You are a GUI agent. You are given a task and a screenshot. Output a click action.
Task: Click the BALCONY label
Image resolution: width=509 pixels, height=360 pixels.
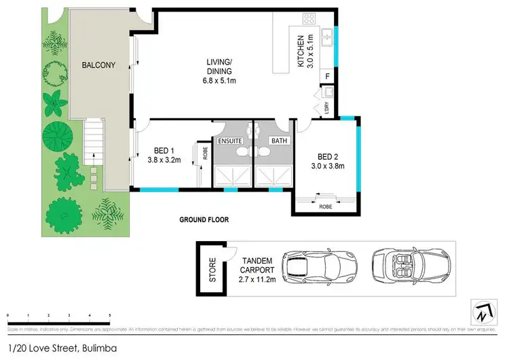(x=98, y=66)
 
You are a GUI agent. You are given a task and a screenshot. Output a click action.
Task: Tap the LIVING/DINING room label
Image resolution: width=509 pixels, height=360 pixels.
(x=221, y=71)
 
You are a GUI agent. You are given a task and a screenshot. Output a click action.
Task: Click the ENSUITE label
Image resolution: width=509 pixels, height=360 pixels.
(x=231, y=141)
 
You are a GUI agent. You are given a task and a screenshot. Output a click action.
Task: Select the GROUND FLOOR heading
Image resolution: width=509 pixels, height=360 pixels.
(x=204, y=220)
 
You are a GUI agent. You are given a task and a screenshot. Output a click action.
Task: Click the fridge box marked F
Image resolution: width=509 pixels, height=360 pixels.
(x=327, y=77)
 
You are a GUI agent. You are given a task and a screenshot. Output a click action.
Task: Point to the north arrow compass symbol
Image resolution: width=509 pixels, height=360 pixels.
(x=483, y=312)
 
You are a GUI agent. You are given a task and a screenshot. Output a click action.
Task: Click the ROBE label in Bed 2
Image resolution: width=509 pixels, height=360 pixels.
(x=326, y=206)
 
